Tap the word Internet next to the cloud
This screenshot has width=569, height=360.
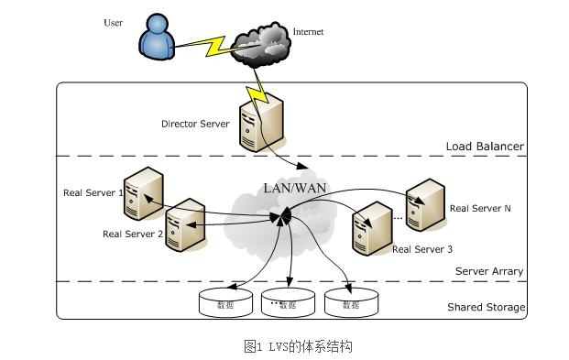click(x=308, y=32)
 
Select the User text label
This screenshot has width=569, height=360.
click(x=113, y=23)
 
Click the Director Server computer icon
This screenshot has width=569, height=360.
click(x=260, y=125)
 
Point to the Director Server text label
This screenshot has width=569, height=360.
click(x=195, y=124)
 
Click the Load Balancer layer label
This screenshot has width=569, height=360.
click(x=485, y=147)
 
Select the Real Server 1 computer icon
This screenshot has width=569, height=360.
click(x=144, y=193)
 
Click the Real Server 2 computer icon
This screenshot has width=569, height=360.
click(x=184, y=225)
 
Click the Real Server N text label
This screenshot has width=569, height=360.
click(x=480, y=209)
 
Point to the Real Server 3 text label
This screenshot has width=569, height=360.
click(x=421, y=249)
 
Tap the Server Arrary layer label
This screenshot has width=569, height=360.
click(x=489, y=271)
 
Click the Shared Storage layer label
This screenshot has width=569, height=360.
click(x=486, y=308)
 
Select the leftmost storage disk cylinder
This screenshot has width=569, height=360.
click(x=224, y=303)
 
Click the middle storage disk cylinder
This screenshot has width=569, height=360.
click(x=288, y=303)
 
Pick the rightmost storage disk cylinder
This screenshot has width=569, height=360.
click(x=349, y=303)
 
